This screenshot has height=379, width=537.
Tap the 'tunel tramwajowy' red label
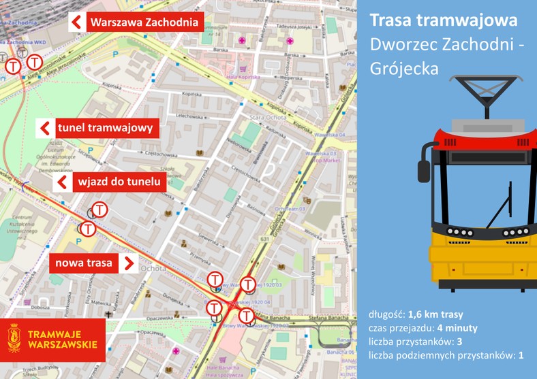108,127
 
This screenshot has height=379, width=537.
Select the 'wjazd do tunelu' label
119,182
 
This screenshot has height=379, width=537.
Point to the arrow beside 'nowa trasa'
128,263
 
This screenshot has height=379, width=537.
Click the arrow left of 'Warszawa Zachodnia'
77,22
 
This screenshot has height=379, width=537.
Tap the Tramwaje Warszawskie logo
53,338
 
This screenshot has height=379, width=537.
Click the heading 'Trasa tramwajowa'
443,21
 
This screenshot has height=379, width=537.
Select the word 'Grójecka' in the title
404,68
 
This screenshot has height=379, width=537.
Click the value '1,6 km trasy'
435,314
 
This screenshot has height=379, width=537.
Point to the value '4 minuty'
452,328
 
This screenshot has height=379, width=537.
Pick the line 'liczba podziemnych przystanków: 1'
446,355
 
